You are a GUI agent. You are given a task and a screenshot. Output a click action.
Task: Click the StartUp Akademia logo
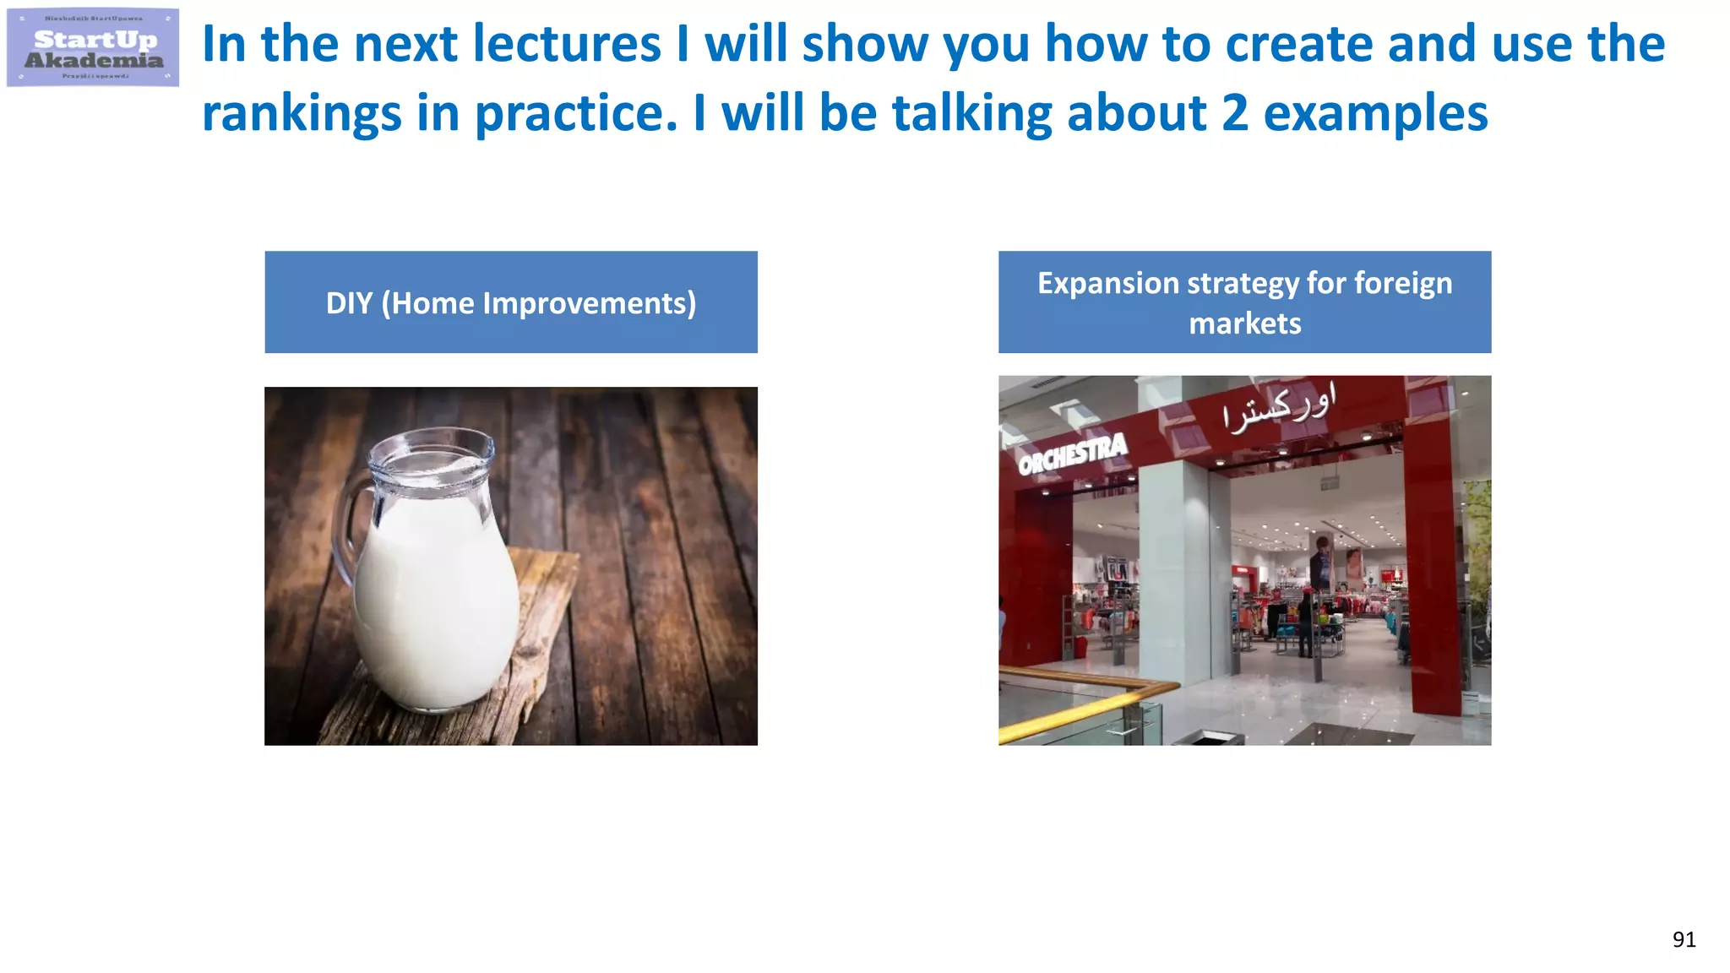[93, 48]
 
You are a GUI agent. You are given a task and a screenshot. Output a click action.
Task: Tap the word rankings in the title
[302, 114]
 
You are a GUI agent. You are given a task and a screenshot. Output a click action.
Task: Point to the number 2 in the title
[1234, 114]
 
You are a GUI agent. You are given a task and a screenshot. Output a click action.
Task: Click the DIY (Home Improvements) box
[511, 302]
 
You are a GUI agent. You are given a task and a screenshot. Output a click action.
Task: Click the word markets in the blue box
[1244, 323]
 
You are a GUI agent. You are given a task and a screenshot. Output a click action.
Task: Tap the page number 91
[1684, 939]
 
